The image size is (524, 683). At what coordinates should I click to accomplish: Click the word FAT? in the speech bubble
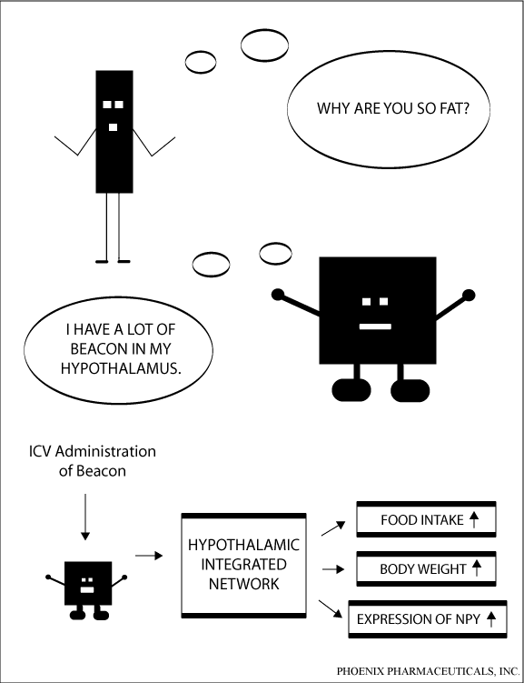455,108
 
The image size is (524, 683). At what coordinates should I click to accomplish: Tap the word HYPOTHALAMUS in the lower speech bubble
120,368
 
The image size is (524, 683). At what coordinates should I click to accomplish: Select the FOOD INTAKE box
426,519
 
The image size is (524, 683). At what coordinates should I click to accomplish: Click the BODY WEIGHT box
426,568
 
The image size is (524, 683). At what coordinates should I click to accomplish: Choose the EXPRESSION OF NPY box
428,619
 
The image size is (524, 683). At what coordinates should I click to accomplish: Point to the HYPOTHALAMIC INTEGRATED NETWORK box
243,566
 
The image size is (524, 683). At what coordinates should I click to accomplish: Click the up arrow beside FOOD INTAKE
474,519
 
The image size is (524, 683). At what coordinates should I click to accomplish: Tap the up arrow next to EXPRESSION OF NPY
491,619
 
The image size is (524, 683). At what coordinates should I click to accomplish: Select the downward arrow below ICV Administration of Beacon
85,517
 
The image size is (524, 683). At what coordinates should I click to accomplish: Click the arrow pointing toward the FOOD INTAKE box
333,528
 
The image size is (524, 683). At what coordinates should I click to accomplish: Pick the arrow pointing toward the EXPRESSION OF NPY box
331,608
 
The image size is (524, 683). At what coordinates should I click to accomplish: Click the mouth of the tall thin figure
113,127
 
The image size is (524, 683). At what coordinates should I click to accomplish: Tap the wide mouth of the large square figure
375,326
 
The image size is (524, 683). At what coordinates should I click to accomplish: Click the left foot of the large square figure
351,390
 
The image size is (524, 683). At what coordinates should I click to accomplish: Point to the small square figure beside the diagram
86,590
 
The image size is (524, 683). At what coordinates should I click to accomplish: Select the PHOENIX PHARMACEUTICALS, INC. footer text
429,671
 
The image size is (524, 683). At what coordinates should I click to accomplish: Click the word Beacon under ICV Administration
102,471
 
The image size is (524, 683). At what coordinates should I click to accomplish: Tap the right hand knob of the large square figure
469,296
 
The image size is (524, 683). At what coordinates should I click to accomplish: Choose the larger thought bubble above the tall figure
264,45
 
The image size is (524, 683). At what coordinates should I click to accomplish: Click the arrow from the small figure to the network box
149,556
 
